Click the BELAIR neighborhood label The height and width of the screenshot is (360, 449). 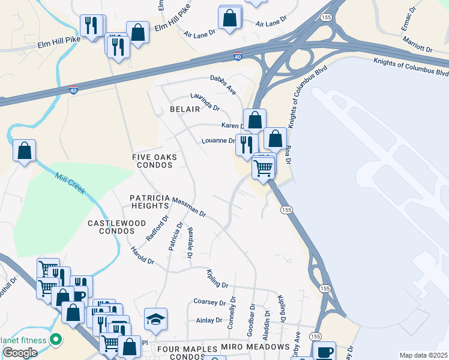184,109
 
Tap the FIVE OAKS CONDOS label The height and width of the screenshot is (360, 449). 155,161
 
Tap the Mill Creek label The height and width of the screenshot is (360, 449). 70,182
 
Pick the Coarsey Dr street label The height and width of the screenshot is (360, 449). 209,302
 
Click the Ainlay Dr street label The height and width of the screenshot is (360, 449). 209,320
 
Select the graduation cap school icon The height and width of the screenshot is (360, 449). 156,319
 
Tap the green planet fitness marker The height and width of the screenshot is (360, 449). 56,340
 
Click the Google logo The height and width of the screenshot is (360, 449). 19,353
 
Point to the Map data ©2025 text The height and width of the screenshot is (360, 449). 423,355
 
